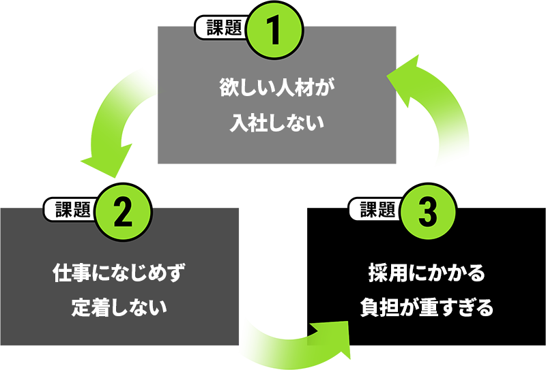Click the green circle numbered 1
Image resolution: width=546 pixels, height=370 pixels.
pos(272,31)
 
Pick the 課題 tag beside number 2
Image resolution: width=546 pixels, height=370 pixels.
pos(71,209)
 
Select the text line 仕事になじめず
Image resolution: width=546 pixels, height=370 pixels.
pos(119,274)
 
